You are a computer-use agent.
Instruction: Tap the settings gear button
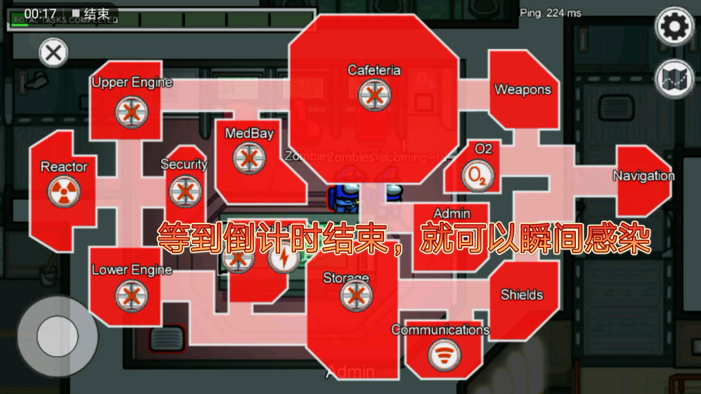click(x=674, y=26)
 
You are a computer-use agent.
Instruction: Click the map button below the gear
click(x=674, y=79)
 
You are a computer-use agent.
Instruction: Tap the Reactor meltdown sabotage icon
click(x=64, y=192)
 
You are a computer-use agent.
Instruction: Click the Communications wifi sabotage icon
click(x=444, y=354)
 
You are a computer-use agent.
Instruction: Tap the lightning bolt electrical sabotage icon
click(x=284, y=258)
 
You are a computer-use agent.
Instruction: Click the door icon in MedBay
click(x=249, y=158)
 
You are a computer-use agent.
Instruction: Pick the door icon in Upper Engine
click(x=132, y=112)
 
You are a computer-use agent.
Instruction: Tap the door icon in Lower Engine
click(x=132, y=296)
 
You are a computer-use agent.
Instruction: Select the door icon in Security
click(x=185, y=192)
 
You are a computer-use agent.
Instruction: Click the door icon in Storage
click(x=356, y=295)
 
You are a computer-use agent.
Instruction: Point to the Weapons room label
click(x=522, y=90)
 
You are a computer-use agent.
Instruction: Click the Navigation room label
click(x=643, y=176)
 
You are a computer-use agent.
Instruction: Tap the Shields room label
click(x=521, y=294)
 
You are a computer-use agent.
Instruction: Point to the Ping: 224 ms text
click(x=550, y=13)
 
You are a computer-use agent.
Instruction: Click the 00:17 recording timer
click(x=40, y=14)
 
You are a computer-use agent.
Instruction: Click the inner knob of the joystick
click(x=57, y=336)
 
